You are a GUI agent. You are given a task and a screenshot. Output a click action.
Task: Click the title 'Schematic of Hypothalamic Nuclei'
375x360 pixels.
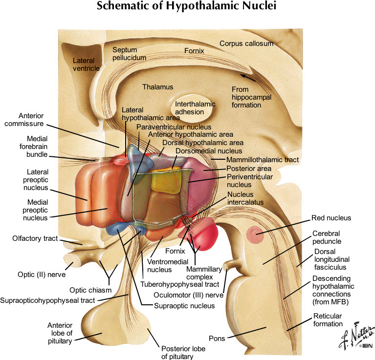click(187, 7)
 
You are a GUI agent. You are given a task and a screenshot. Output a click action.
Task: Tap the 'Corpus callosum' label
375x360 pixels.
click(246, 43)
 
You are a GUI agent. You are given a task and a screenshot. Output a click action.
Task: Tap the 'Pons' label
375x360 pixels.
click(216, 338)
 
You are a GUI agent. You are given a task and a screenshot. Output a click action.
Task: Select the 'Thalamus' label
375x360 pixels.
click(158, 87)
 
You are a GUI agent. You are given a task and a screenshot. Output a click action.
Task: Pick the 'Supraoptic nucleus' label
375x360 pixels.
click(184, 306)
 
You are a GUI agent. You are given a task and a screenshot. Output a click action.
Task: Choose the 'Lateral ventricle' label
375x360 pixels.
click(86, 64)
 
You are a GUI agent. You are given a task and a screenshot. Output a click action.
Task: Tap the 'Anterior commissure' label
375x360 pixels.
click(38, 120)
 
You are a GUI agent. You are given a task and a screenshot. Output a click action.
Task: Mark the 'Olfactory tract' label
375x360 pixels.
click(35, 238)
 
